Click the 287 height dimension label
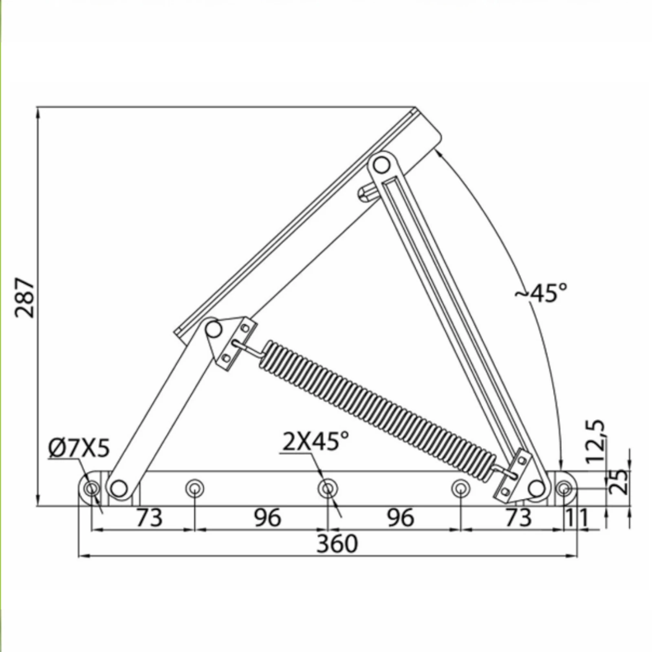click(x=25, y=298)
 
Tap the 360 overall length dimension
click(x=337, y=544)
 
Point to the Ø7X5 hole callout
click(x=79, y=449)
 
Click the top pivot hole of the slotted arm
click(x=381, y=165)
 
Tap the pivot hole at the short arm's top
click(x=213, y=329)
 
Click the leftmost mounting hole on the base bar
click(x=92, y=488)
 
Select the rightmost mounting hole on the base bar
click(x=564, y=488)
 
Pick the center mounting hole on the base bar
click(x=328, y=488)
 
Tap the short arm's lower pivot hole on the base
click(x=119, y=488)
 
